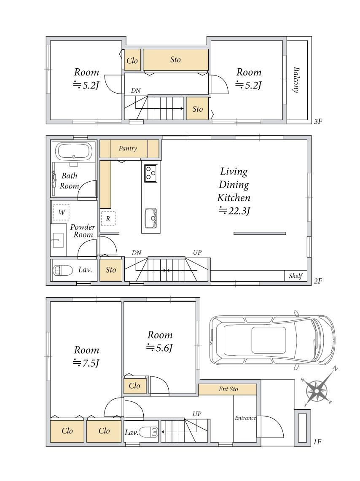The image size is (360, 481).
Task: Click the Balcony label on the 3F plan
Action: [x=296, y=80]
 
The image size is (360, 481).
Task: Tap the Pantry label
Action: [x=128, y=148]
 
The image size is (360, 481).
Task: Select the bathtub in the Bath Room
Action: [x=74, y=151]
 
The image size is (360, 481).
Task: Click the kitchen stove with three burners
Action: [x=150, y=173]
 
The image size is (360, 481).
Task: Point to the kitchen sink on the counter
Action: [x=150, y=218]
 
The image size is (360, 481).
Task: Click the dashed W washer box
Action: [x=61, y=212]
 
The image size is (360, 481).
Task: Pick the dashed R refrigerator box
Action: [x=108, y=218]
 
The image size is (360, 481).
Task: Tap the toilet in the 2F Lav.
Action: [x=62, y=270]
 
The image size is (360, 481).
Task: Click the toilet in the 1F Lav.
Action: [x=149, y=432]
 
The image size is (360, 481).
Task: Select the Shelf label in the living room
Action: [x=296, y=276]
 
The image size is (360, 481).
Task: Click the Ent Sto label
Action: [x=228, y=389]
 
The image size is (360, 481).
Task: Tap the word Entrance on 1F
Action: [x=245, y=418]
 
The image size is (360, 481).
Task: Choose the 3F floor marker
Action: [x=318, y=121]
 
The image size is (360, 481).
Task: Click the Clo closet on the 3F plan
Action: [x=132, y=61]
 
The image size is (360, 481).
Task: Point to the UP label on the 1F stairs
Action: [x=197, y=414]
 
